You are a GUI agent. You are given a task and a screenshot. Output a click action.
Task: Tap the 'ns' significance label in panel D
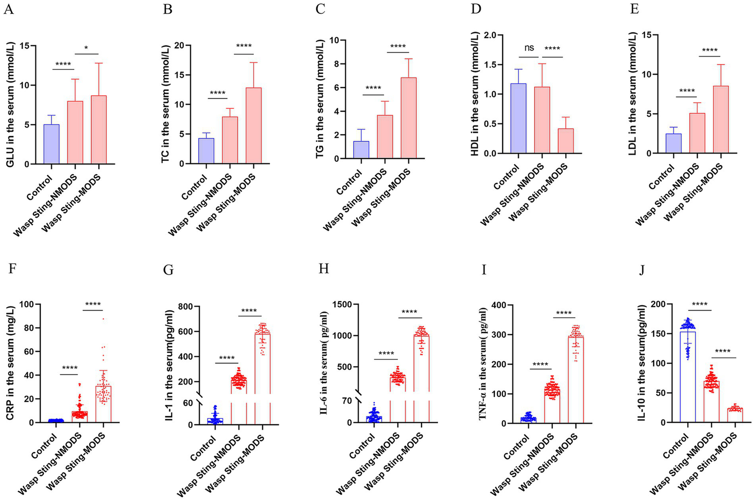529,48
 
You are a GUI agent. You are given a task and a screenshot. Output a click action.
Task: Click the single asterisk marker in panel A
87,48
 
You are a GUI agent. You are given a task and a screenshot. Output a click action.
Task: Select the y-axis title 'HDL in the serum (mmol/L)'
475,94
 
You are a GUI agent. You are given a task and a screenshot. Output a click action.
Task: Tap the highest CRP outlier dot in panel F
103,319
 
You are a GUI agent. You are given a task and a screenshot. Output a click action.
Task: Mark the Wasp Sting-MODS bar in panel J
735,415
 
